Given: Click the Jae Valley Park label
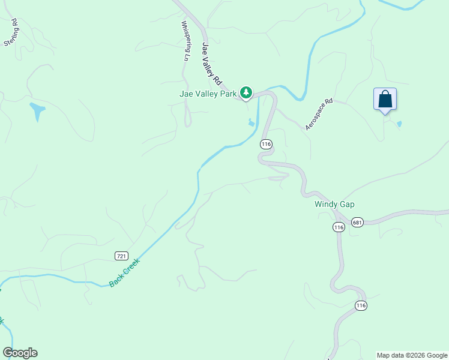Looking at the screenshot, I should (x=208, y=93).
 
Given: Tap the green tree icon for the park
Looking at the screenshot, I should (x=246, y=92).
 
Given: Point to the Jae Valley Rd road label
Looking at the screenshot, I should (x=212, y=63).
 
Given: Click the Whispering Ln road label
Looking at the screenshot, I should (x=185, y=41).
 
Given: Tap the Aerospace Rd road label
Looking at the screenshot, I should (x=319, y=115).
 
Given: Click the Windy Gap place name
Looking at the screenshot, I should (x=334, y=204).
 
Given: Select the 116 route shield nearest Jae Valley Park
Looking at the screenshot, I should (x=267, y=144).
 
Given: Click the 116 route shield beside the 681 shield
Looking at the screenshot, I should (x=339, y=227).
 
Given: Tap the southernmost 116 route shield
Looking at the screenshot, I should (x=360, y=305).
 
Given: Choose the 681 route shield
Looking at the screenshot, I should (x=357, y=222).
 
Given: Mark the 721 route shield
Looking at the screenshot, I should (x=121, y=256).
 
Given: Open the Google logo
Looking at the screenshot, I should (x=20, y=353).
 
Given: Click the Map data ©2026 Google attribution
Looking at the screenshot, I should (x=412, y=355).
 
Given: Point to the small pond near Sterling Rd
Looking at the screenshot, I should (x=37, y=111).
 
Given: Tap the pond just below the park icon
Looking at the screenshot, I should (x=251, y=123).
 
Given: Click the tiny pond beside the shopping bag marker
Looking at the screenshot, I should (x=399, y=124).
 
